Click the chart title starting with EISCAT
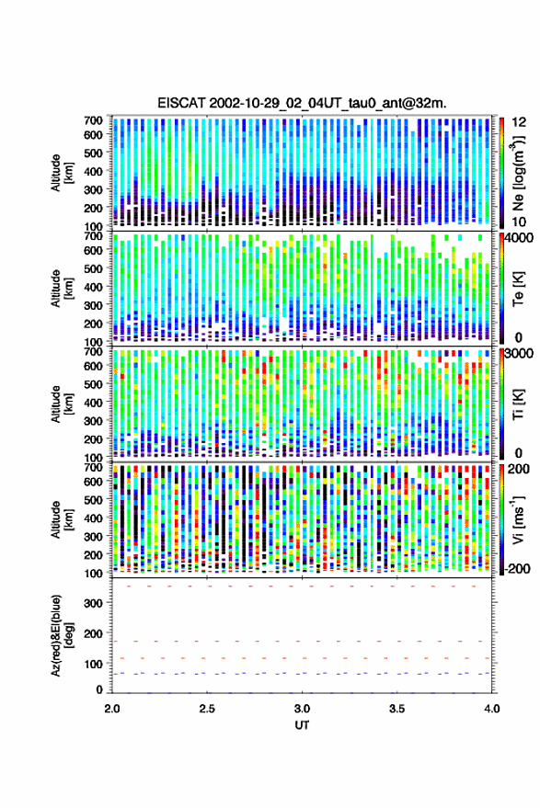302,103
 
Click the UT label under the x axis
302,725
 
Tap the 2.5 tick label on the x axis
207,709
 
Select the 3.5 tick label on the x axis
396,709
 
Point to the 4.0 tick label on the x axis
491,709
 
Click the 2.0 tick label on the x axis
112,709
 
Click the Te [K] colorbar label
518,289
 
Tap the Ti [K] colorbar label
518,404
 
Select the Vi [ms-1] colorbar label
517,519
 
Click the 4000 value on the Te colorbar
519,238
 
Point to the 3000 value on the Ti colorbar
519,354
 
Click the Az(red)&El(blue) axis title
60,635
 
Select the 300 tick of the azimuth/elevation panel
93,603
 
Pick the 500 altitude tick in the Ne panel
93,153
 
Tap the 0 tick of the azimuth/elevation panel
99,689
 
